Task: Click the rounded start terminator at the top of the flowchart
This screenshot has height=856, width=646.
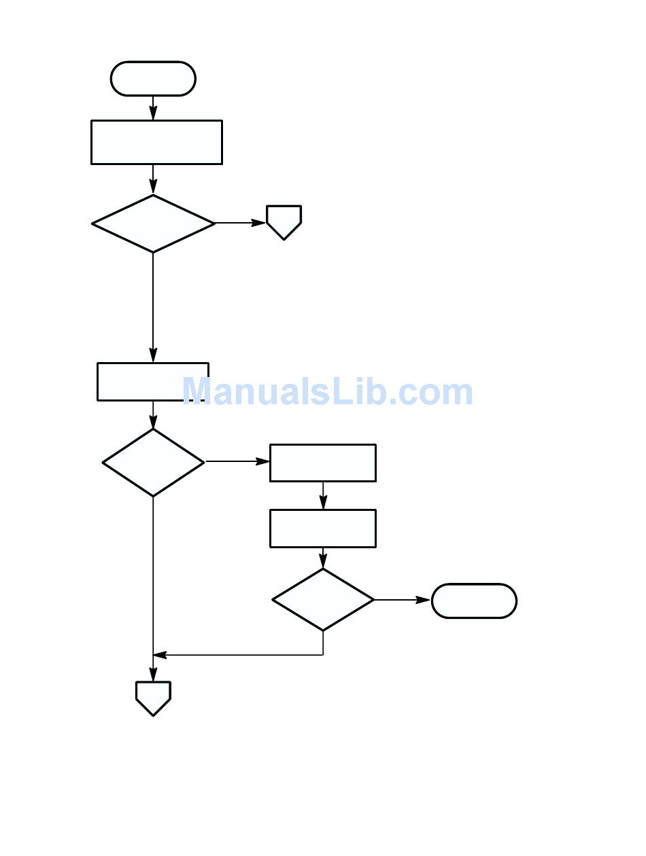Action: (x=153, y=79)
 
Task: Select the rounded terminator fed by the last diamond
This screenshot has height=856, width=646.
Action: (x=474, y=601)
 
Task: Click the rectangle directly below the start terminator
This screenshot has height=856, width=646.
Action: (x=156, y=142)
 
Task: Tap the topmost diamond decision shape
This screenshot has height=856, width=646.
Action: (x=153, y=224)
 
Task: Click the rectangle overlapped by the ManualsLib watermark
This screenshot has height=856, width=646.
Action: (x=152, y=381)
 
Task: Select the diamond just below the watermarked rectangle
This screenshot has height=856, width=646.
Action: (x=153, y=462)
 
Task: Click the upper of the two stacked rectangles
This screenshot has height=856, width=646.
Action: (x=322, y=463)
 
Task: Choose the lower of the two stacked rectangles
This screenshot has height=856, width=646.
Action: (x=322, y=528)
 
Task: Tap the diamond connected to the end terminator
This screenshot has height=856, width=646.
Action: (x=323, y=599)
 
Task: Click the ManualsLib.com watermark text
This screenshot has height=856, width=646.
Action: (x=327, y=392)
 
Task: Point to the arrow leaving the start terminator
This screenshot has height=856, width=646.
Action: (x=153, y=108)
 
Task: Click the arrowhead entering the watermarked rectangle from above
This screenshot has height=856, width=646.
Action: (x=153, y=355)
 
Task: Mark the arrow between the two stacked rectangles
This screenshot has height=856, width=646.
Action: (x=323, y=496)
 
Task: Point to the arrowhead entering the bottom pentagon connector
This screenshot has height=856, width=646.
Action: (x=153, y=675)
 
